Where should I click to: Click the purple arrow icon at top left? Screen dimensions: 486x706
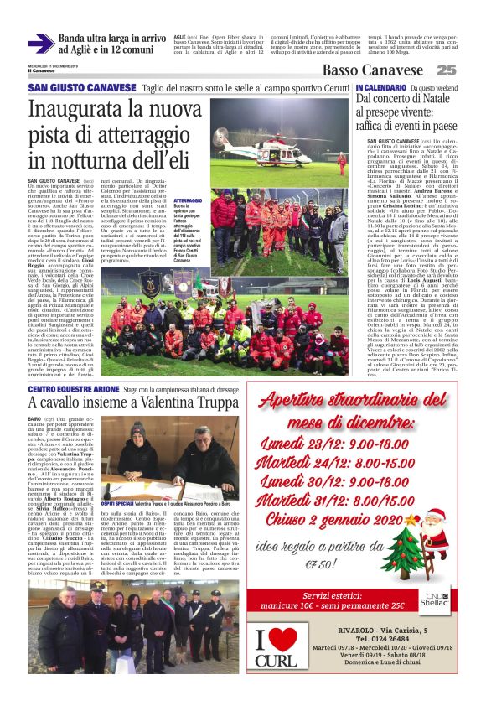tap(41, 43)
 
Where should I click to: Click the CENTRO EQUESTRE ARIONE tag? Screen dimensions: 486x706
tap(73, 390)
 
